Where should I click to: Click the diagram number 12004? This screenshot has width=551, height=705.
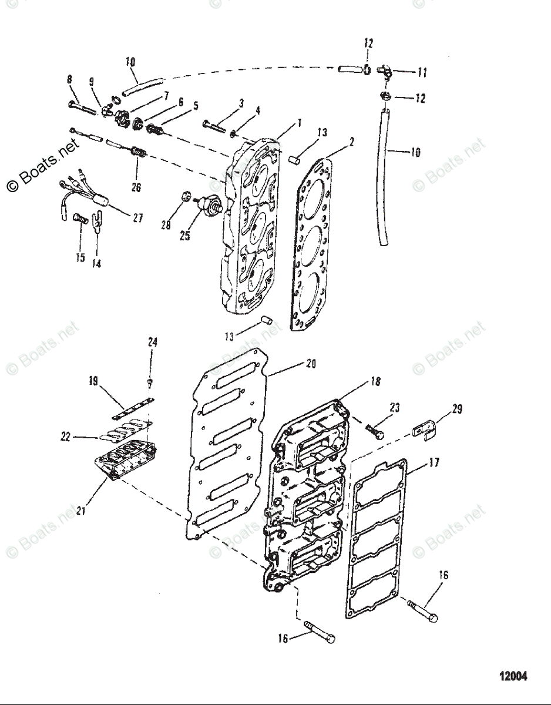click(513, 676)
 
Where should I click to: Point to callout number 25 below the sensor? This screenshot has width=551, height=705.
click(185, 236)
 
